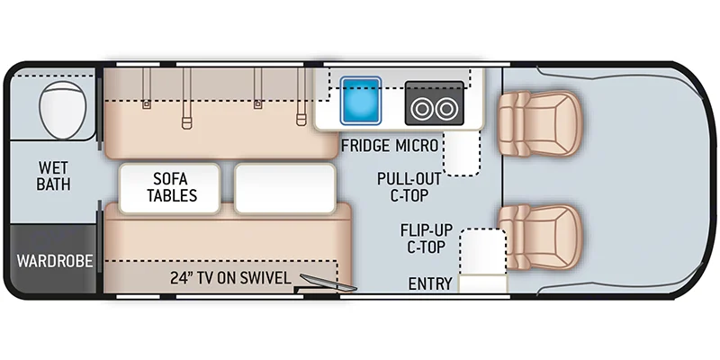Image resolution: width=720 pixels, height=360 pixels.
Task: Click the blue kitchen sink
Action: tap(361, 100)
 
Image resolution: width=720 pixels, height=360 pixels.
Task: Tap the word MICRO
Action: tap(417, 145)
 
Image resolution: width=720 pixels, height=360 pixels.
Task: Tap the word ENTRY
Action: tap(429, 283)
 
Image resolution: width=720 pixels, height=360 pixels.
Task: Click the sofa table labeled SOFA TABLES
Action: tap(170, 186)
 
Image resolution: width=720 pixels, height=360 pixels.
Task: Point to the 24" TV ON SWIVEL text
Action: tap(230, 278)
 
